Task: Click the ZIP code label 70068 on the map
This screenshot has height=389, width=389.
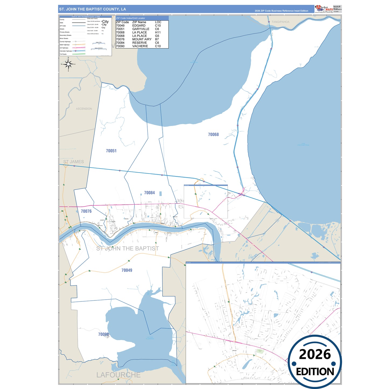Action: click(213, 134)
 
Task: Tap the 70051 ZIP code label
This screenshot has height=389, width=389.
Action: click(111, 151)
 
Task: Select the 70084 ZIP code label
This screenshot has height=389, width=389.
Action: click(149, 193)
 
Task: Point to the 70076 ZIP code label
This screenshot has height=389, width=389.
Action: click(86, 211)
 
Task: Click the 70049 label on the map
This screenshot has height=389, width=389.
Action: click(127, 270)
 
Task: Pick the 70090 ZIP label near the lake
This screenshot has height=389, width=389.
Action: click(103, 334)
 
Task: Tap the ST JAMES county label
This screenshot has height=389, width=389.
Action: click(73, 162)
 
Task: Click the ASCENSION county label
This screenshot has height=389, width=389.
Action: click(84, 109)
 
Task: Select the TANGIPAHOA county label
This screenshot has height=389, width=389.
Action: click(281, 22)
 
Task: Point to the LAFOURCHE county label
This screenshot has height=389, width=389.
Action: click(118, 375)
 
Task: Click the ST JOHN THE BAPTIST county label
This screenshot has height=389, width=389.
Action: click(128, 248)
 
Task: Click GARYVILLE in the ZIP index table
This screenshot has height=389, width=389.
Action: click(141, 29)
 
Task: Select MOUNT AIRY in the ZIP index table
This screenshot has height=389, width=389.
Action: click(142, 39)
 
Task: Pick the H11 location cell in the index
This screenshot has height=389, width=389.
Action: click(158, 33)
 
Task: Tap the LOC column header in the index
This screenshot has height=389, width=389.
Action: click(158, 22)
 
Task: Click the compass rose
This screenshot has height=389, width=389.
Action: click(68, 64)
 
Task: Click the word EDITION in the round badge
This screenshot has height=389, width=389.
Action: click(315, 372)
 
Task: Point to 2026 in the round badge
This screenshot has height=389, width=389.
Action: click(315, 354)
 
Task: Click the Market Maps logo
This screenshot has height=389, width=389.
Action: click(324, 9)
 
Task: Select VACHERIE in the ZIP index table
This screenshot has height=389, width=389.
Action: click(140, 46)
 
